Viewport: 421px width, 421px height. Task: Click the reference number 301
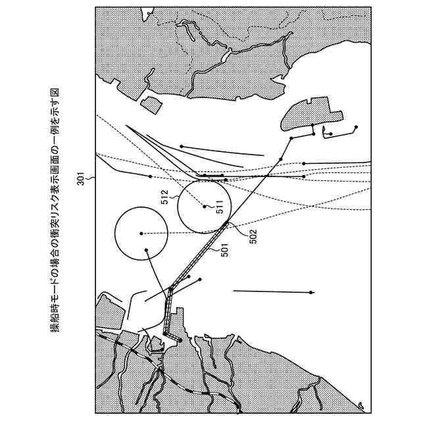click(81, 178)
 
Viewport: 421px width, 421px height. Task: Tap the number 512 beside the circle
click(164, 197)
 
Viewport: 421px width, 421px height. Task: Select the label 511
click(220, 207)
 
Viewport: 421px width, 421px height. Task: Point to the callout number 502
click(253, 236)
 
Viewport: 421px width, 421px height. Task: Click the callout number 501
click(224, 250)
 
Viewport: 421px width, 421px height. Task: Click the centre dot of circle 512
click(205, 207)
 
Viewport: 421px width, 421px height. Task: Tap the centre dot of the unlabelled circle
click(141, 234)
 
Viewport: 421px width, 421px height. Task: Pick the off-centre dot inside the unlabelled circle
click(146, 250)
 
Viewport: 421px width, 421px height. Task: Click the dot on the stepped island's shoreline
click(312, 125)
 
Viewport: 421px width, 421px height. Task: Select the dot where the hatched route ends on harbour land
click(180, 341)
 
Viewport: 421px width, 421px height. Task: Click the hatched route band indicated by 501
click(199, 255)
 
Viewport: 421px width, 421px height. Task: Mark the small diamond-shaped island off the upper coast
click(151, 105)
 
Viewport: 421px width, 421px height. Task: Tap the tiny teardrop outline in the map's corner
click(361, 405)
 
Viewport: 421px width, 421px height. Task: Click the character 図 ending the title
click(55, 93)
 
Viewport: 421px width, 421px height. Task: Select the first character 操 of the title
click(55, 328)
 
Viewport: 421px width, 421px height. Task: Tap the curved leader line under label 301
click(91, 178)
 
